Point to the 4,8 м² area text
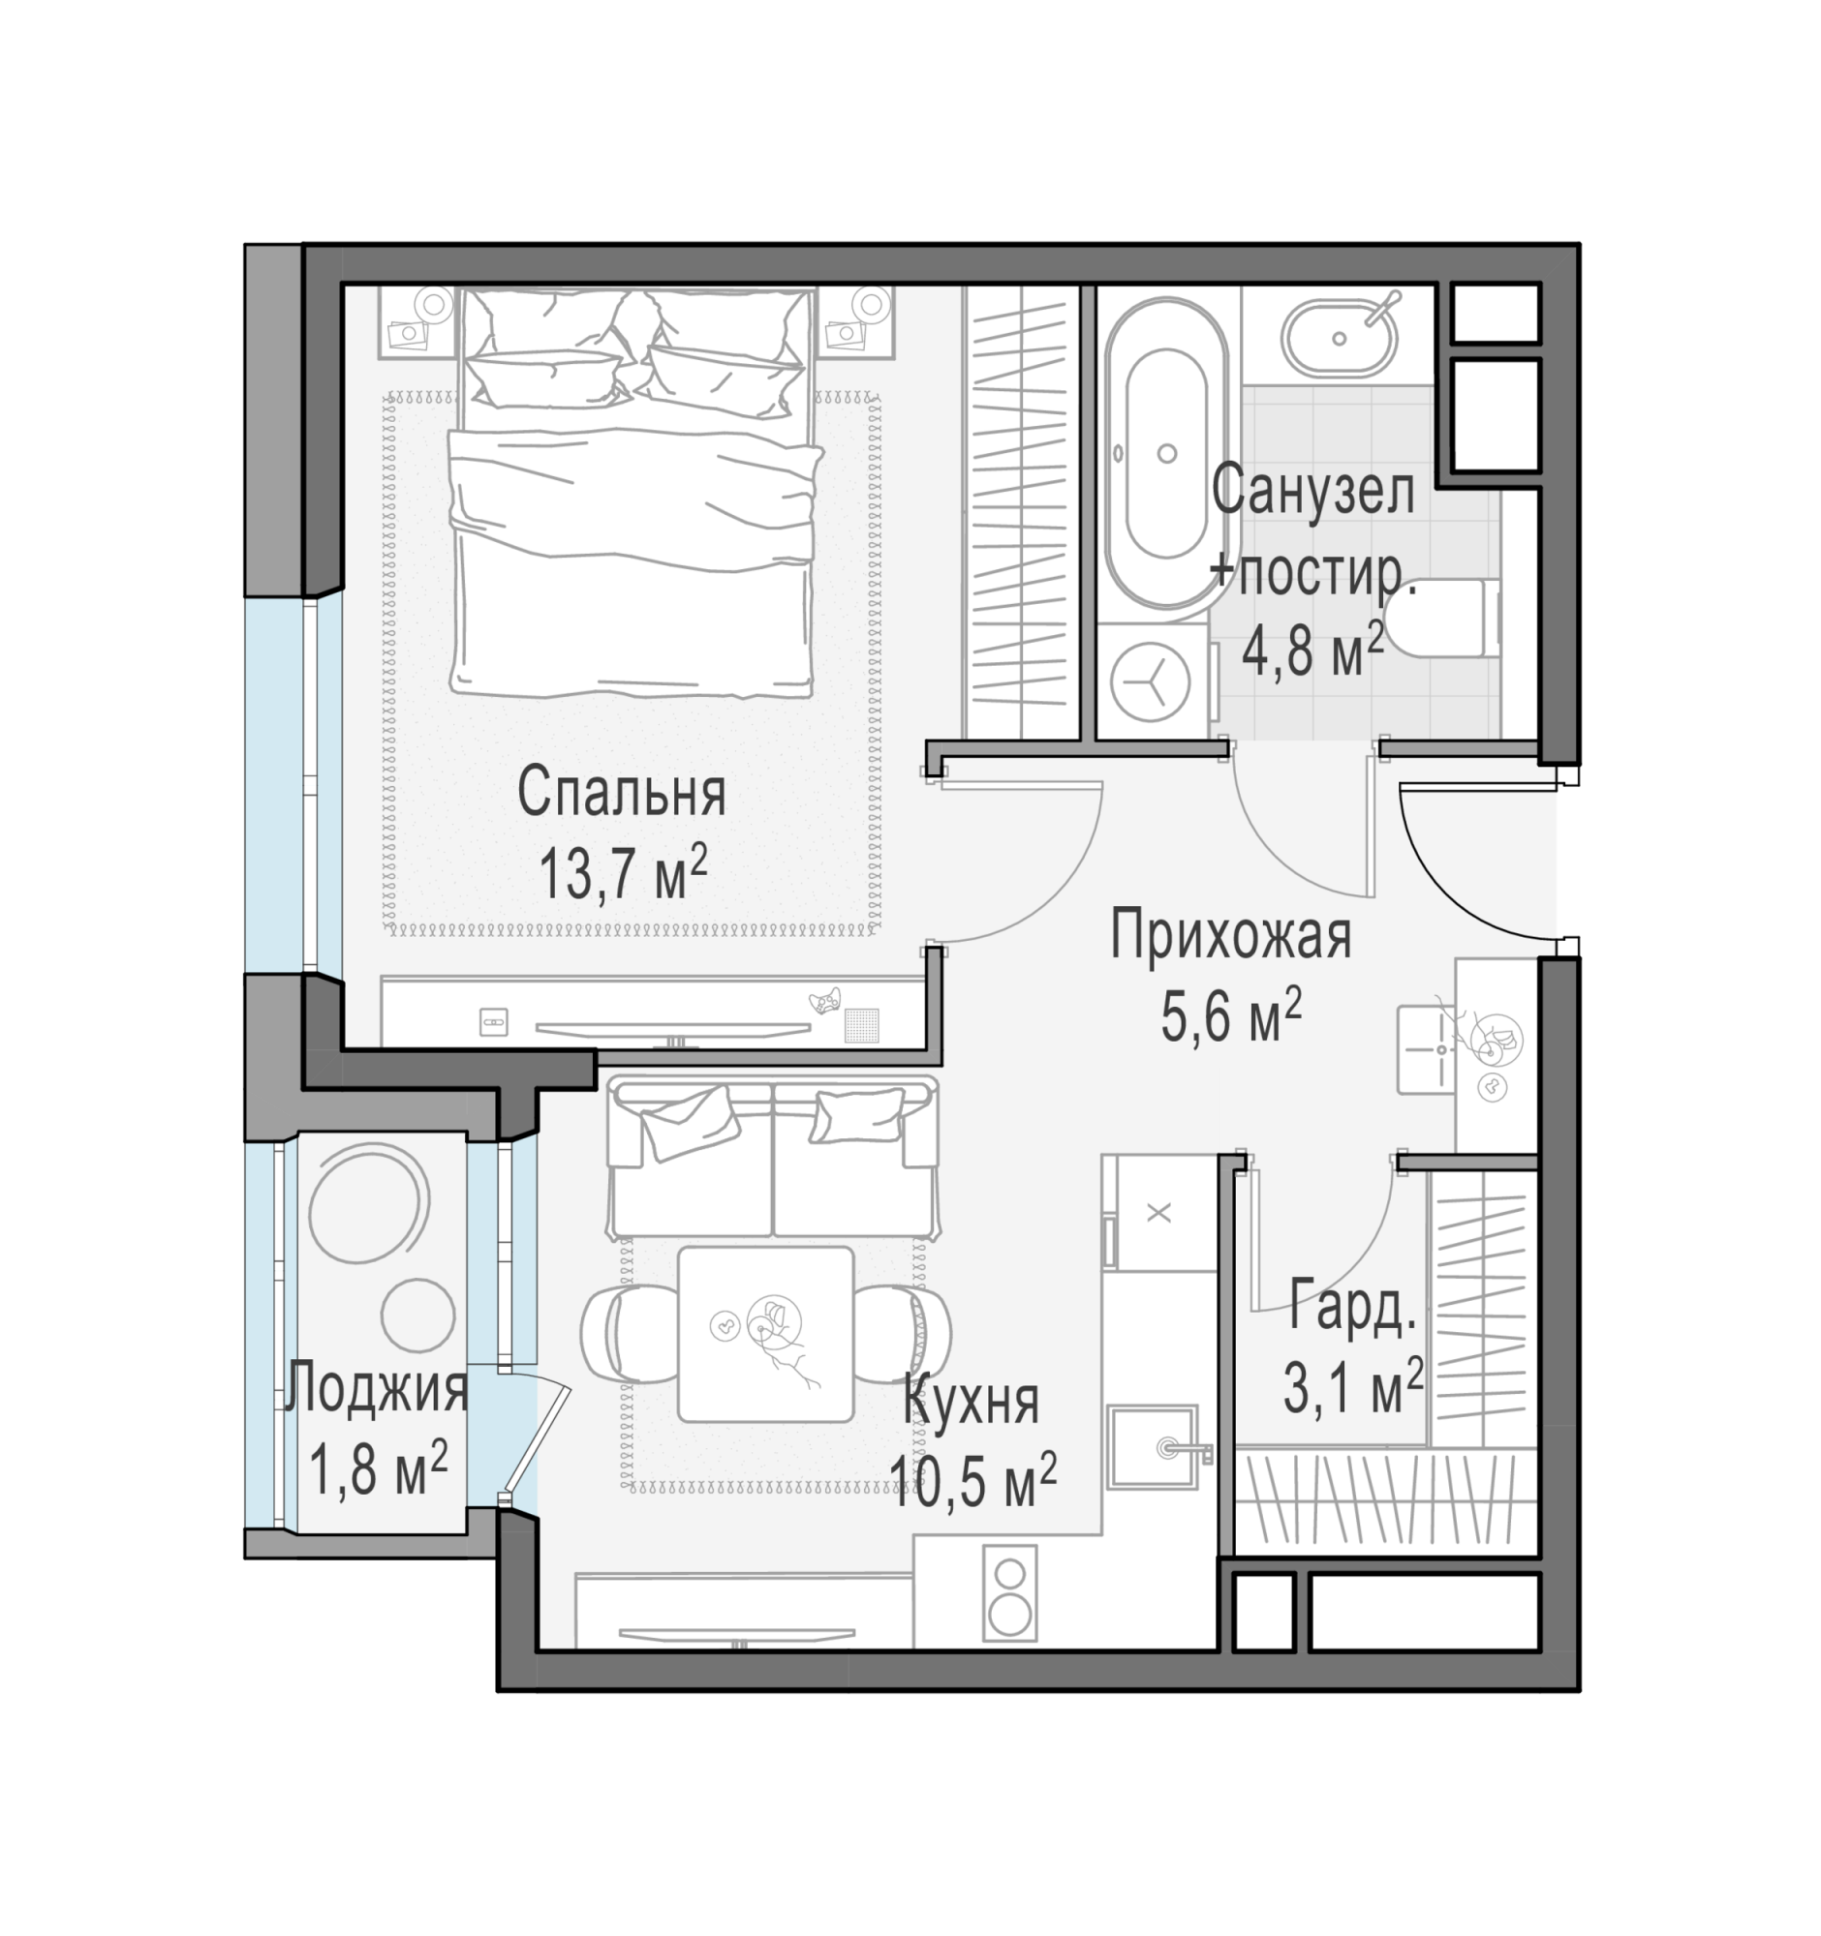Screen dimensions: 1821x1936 click(1312, 650)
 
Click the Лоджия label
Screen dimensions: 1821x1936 click(376, 1389)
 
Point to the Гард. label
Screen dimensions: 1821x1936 click(1352, 1307)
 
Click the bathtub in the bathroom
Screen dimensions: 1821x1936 click(1166, 454)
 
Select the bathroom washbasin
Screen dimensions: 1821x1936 click(1339, 338)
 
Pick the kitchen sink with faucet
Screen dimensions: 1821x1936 click(1154, 1446)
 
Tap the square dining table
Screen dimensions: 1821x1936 click(766, 1333)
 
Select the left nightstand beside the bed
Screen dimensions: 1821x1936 click(418, 320)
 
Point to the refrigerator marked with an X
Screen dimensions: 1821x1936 click(1159, 1213)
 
